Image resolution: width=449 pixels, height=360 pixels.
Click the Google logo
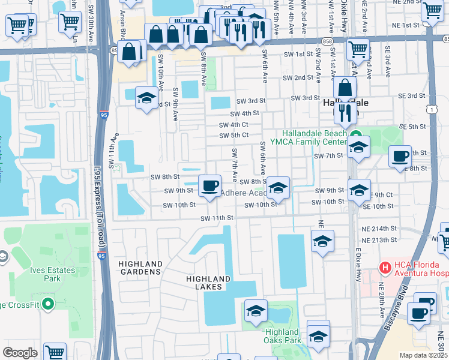pos(20,353)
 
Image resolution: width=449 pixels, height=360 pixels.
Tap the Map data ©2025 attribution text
pos(423,355)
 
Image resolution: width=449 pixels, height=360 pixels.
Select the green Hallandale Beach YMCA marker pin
pos(355,134)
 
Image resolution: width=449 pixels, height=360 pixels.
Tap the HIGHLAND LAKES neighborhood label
pos(208,283)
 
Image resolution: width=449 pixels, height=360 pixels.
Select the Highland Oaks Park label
pos(282,336)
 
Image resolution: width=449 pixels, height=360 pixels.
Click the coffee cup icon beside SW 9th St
pos(209,185)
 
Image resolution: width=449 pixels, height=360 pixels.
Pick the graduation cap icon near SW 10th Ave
pos(146,98)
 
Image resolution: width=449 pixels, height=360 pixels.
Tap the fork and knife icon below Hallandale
pos(345,111)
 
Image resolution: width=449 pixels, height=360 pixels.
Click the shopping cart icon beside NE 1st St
pos(432,11)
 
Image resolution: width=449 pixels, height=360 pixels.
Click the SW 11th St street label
pos(217,218)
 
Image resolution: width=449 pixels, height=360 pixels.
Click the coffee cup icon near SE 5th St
pos(399,156)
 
